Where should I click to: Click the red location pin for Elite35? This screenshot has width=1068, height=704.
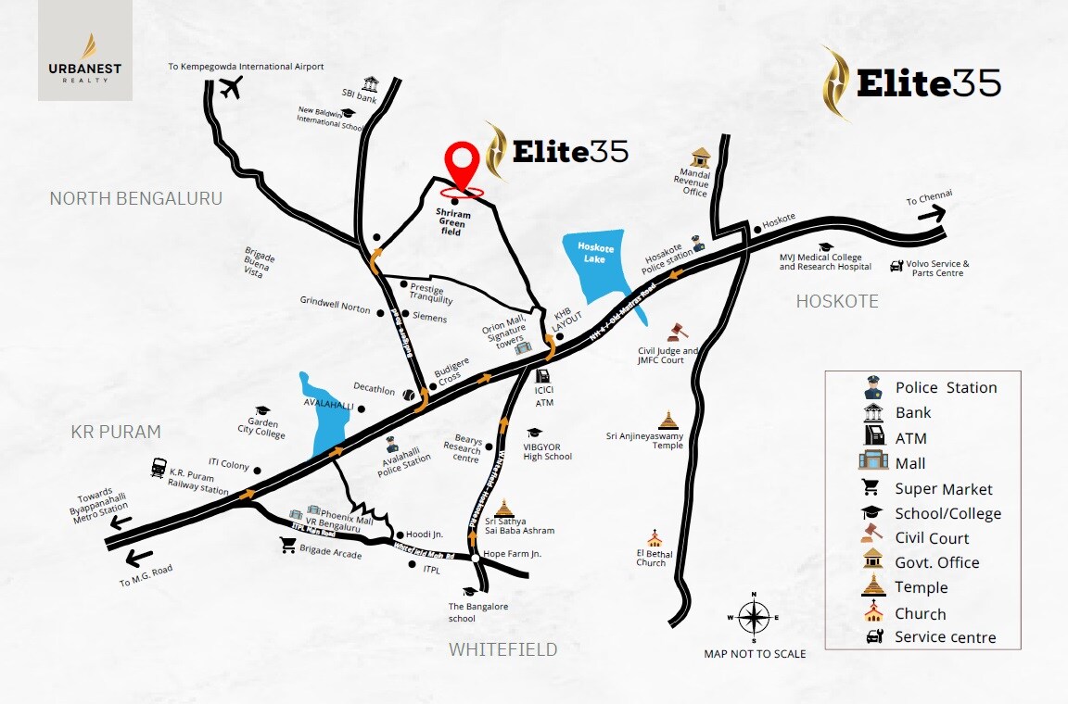click(x=464, y=167)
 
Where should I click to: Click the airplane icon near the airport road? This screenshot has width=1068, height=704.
click(x=231, y=89)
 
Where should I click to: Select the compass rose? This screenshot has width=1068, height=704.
click(x=755, y=617)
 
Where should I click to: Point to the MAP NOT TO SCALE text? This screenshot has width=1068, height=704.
click(x=755, y=654)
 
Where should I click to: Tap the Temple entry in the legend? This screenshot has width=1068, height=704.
click(x=921, y=587)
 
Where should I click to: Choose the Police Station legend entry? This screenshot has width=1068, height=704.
click(x=946, y=387)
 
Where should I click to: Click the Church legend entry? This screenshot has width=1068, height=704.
click(x=920, y=613)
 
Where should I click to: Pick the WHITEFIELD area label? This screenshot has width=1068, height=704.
click(x=503, y=649)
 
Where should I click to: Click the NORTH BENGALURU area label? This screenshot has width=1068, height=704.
click(x=135, y=198)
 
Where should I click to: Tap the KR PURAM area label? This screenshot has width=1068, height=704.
click(x=116, y=432)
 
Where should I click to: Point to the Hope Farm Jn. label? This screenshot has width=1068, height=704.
click(x=512, y=553)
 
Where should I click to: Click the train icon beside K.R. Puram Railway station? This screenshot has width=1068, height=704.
click(x=159, y=468)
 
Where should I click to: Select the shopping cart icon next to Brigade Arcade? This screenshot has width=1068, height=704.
click(x=287, y=547)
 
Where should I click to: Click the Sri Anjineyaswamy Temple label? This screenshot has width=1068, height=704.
click(x=645, y=440)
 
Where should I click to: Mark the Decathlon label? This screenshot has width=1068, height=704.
click(x=374, y=391)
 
